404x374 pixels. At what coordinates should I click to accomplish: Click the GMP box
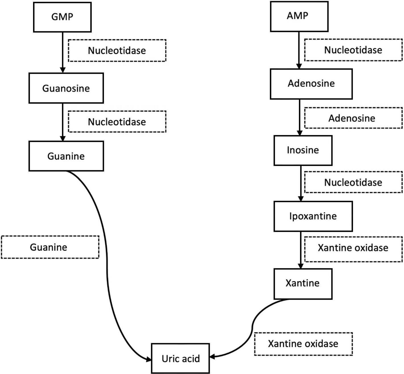point(62,17)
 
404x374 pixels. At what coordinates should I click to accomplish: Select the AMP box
point(299,16)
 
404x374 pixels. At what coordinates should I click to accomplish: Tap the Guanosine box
point(66,88)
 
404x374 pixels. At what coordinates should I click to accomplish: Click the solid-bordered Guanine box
point(66,156)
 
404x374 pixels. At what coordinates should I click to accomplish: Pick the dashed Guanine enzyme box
point(50,247)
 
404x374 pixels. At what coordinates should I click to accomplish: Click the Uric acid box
point(181,358)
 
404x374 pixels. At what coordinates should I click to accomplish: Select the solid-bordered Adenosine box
point(311,84)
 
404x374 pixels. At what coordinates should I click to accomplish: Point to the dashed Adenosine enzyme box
point(353,118)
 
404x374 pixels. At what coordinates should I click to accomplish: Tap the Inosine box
point(303,150)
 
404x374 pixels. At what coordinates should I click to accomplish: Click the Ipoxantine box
point(313,216)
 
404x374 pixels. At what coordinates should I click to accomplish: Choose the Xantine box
point(303,283)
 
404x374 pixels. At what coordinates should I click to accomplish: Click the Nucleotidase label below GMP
point(117,50)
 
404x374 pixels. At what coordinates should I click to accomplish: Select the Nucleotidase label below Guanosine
point(117,122)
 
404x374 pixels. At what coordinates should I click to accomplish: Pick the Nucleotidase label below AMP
point(353,50)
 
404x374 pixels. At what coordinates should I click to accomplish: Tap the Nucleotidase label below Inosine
point(353,182)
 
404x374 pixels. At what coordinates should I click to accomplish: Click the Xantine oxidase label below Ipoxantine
point(353,248)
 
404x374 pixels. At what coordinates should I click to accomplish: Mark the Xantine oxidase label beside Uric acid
point(303,344)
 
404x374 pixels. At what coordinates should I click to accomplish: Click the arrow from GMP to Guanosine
point(63,51)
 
